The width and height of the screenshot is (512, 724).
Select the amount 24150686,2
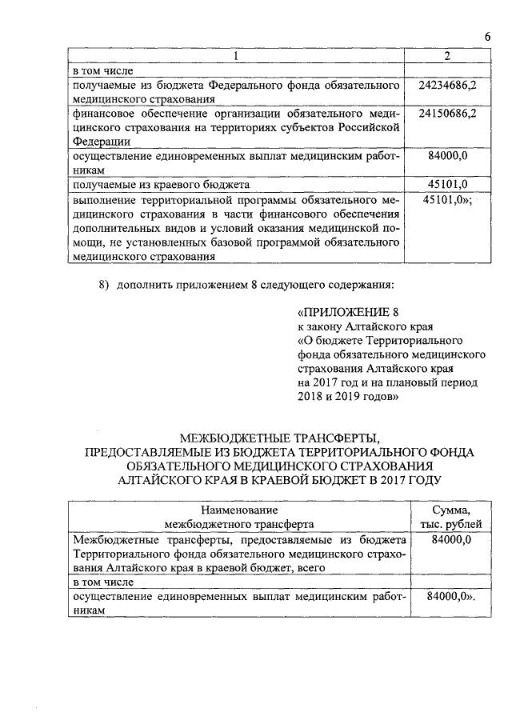pos(448,114)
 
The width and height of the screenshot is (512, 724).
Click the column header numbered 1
pos(236,56)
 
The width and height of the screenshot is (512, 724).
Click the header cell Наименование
pos(238,510)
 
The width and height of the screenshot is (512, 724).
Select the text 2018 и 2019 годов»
pos(347,397)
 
